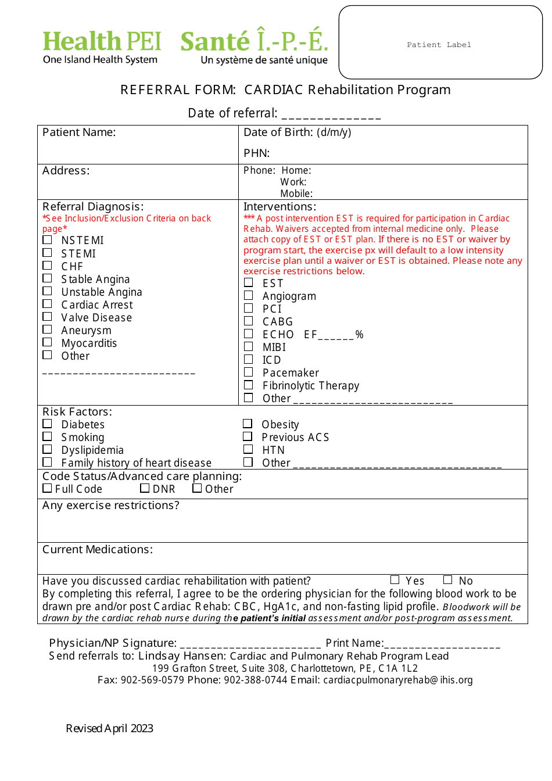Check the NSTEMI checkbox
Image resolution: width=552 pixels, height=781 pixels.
(47, 240)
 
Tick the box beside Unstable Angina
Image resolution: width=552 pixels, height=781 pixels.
(47, 291)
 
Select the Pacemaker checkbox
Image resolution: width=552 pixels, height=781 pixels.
(249, 372)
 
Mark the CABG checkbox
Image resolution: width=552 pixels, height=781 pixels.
(249, 321)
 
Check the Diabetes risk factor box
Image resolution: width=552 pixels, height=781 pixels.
(47, 424)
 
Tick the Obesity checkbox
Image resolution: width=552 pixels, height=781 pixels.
(248, 424)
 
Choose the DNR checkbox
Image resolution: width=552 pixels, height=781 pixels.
(145, 488)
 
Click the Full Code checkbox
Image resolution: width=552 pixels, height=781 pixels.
(47, 488)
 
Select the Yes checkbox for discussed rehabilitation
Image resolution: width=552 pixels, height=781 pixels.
(395, 579)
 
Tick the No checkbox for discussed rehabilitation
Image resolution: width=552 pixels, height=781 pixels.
(447, 579)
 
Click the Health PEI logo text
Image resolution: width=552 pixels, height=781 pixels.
(102, 42)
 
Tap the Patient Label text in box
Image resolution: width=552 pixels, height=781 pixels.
(439, 45)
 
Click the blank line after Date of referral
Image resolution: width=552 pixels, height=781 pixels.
(331, 114)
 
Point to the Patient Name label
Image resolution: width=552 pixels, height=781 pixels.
(79, 132)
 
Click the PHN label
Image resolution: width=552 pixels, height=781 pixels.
(256, 153)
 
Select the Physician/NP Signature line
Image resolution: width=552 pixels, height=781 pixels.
(250, 644)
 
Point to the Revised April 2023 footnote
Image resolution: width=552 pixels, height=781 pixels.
(110, 729)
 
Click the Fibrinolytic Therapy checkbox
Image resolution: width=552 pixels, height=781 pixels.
(249, 385)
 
